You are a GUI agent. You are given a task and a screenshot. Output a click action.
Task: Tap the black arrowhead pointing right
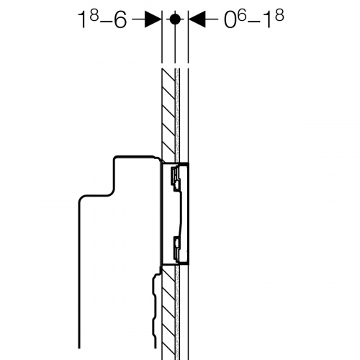(153, 19)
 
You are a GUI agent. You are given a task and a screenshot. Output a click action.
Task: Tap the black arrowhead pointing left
(197, 19)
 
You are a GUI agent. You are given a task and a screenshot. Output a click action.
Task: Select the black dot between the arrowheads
(175, 19)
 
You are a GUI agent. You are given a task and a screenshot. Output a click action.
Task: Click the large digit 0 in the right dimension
(230, 20)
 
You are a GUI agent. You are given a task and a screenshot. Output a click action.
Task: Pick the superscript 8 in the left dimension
(95, 16)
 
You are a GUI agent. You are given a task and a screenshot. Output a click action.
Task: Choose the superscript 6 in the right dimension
(242, 16)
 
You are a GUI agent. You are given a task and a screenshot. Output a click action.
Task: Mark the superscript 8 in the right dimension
(280, 16)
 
